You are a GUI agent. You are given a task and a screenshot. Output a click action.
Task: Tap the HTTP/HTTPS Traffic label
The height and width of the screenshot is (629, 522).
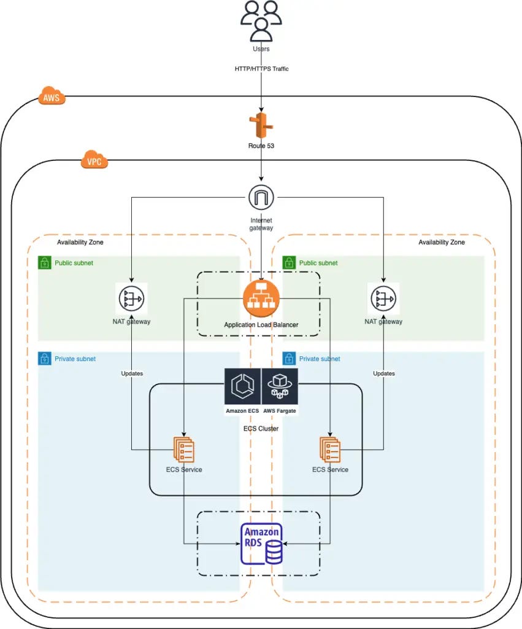pos(261,69)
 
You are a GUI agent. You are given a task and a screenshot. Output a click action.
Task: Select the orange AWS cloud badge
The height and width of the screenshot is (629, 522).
pos(53,97)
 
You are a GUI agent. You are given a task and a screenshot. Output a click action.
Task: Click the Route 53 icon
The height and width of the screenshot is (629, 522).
pos(261,126)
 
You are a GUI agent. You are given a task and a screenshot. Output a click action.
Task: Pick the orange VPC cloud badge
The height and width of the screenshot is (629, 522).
pos(94,162)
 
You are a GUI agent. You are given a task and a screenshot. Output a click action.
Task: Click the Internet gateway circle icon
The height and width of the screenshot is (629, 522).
pos(261,198)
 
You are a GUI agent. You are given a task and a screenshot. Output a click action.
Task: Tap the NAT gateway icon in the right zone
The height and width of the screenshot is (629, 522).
pos(383,299)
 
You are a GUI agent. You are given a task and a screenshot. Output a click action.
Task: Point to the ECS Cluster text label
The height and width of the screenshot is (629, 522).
pos(261,428)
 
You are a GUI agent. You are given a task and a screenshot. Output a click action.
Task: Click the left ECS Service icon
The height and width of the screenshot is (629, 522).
pos(184,450)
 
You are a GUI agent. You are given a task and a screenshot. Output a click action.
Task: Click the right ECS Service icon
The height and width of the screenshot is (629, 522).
pos(330,450)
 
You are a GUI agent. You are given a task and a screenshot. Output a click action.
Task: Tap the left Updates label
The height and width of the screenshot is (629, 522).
pos(132,373)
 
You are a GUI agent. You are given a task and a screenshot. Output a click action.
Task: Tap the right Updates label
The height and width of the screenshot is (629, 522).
pos(384,373)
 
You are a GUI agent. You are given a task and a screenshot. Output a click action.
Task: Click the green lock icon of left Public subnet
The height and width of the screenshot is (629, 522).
pos(44,263)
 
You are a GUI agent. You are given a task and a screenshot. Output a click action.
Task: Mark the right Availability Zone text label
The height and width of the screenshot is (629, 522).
pos(441,243)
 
